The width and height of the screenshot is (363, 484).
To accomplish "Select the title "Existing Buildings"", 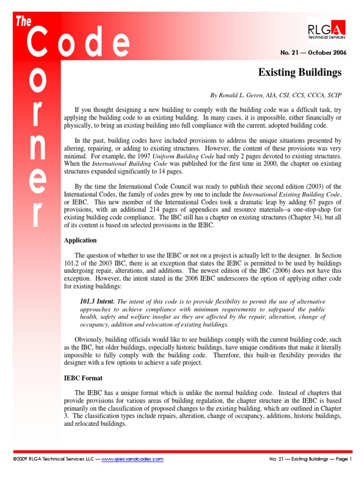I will click(x=300, y=72).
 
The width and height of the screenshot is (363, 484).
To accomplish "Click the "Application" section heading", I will click(x=80, y=240).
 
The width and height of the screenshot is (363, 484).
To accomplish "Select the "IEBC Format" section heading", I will click(x=83, y=378).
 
